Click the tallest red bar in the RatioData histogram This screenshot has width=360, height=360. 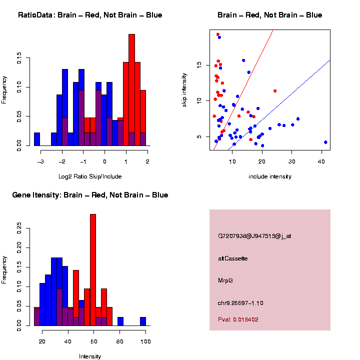point(131,90)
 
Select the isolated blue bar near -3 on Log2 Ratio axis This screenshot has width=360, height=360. point(36,140)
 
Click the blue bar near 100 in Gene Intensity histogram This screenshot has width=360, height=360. point(143,321)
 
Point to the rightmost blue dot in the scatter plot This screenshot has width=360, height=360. point(325,142)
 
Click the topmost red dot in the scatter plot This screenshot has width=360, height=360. point(217,34)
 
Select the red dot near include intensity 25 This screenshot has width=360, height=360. point(275,91)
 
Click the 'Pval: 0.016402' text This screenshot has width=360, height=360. point(238,319)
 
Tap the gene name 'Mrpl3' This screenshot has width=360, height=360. point(225,280)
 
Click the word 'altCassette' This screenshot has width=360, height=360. point(233,258)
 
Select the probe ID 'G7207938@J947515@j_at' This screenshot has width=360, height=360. point(254,236)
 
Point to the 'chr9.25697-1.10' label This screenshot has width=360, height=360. point(240,303)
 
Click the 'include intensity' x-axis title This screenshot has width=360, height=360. point(269,176)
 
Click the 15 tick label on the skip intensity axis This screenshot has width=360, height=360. point(199,64)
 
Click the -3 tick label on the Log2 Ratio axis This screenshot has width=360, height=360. point(40,161)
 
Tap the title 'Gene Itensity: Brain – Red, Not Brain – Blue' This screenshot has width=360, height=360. point(90,194)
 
